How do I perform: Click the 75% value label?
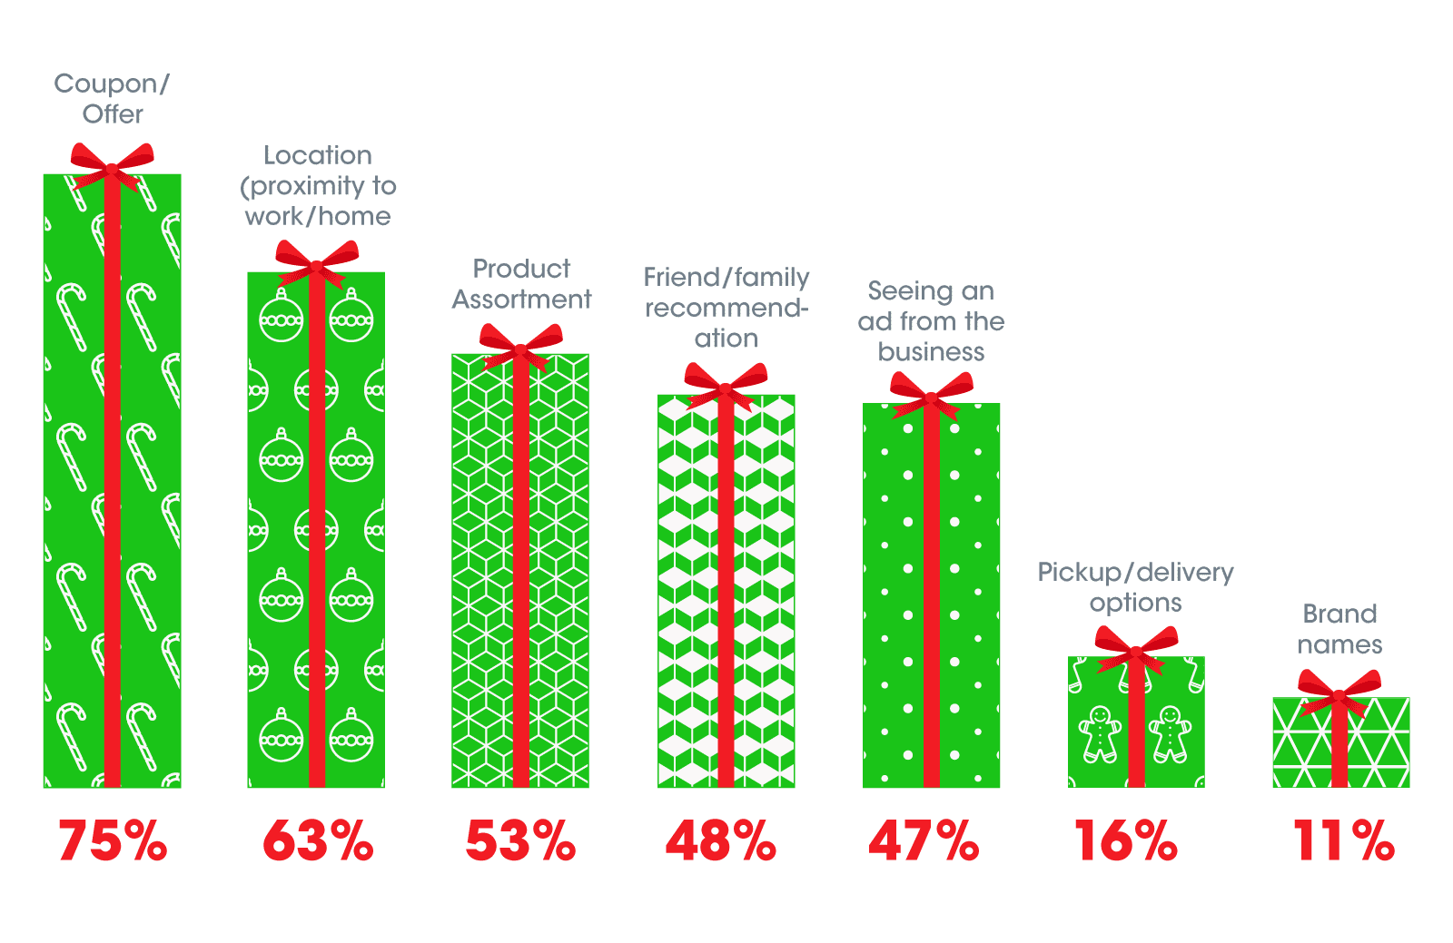(x=113, y=840)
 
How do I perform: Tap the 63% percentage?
(x=318, y=840)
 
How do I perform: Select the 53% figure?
(x=520, y=840)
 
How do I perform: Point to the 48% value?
(x=721, y=840)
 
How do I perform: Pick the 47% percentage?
(x=924, y=840)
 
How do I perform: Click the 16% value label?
(x=1126, y=840)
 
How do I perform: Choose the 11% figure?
(x=1343, y=840)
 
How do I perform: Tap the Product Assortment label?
(x=521, y=284)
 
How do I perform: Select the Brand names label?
(x=1339, y=629)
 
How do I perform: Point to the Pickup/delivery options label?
(x=1135, y=587)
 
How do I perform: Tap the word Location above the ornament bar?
(x=318, y=155)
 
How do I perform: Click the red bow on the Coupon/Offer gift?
(x=113, y=167)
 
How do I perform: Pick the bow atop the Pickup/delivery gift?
(x=1136, y=650)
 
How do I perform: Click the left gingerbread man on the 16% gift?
(x=1100, y=733)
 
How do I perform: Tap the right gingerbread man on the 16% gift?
(x=1171, y=733)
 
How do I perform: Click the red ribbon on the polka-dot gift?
(x=932, y=599)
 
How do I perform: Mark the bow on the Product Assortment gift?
(x=521, y=347)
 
